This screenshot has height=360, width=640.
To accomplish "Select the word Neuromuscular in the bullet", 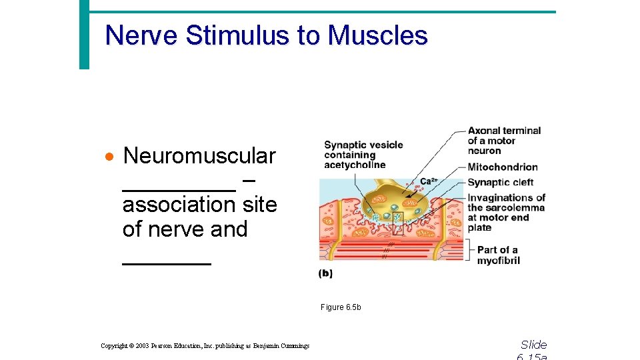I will pos(199,156).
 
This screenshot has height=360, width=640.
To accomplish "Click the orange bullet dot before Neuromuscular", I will pos(110,157).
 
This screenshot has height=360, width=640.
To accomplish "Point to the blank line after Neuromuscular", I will pos(179,189).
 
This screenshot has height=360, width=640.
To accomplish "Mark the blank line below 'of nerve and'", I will pos(167,263).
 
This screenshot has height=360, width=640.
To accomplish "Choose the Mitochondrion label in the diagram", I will pos(503,167).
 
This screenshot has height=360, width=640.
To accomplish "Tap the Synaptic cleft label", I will pos(501,183).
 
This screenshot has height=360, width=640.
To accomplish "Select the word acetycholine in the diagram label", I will pos(355,165).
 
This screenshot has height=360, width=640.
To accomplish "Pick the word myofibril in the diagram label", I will pos(498,261).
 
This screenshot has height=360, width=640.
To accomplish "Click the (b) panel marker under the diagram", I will pos(325,273).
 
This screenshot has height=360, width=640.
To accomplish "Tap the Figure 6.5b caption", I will pos(341,307).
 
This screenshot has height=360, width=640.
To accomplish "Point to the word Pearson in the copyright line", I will pos(167,345).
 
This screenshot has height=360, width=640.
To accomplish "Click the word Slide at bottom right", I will pos(533,345).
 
